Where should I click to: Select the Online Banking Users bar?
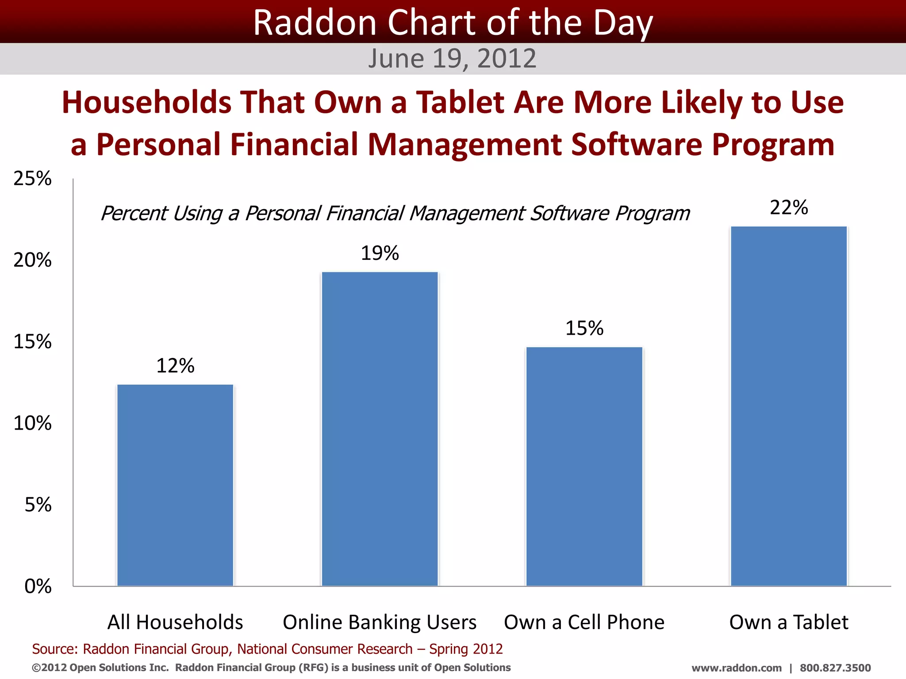click(380, 429)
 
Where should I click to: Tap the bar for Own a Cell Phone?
click(584, 466)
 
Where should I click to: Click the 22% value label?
click(789, 207)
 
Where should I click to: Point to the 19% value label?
click(380, 253)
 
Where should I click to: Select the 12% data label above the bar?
click(175, 366)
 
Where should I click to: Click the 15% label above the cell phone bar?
click(584, 328)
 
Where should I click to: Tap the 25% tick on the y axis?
click(32, 179)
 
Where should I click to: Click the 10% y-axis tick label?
click(32, 423)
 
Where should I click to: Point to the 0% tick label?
click(38, 587)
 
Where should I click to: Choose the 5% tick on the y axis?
click(38, 505)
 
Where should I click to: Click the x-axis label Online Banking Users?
click(380, 622)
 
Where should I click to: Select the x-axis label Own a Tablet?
click(789, 622)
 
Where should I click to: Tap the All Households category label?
click(175, 622)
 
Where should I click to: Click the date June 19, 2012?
click(452, 58)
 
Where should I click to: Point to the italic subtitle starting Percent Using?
click(395, 214)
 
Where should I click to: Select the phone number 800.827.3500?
click(835, 668)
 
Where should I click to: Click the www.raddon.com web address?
click(736, 668)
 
